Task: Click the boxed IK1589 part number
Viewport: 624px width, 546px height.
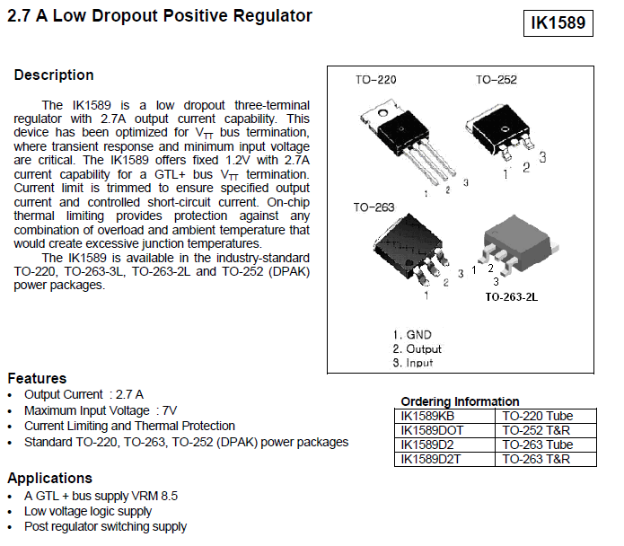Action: [x=558, y=22]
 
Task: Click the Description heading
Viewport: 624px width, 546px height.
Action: [x=54, y=75]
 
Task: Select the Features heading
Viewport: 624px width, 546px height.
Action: [x=37, y=378]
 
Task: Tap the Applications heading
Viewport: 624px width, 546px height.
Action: [x=49, y=478]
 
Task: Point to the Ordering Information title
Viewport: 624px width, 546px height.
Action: [x=460, y=401]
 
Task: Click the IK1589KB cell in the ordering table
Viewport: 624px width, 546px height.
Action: [x=427, y=416]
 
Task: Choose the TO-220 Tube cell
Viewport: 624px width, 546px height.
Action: [x=537, y=416]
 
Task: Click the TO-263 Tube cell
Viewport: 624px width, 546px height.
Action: [x=537, y=445]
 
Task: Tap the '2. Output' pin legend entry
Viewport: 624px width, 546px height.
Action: [x=417, y=348]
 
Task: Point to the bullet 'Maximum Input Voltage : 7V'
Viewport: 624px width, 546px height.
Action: [x=101, y=410]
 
